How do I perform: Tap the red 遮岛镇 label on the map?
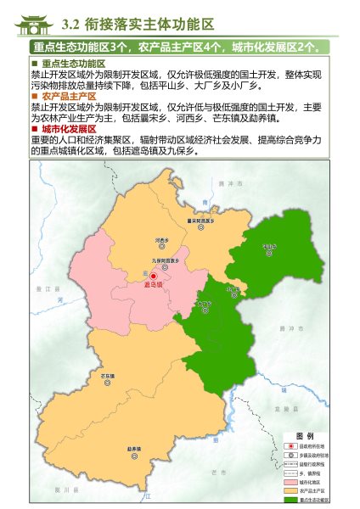154,286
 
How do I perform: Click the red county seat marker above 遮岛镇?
154,277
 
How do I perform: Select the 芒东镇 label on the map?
108,375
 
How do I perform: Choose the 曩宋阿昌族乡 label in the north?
200,221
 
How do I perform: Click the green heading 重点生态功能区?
73,64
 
